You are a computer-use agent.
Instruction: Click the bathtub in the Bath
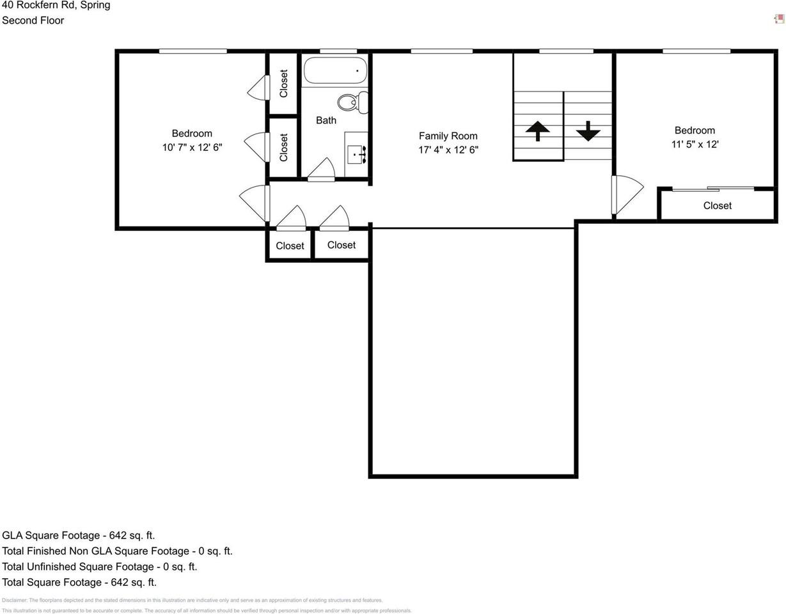(x=335, y=70)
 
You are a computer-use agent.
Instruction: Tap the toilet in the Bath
(x=352, y=102)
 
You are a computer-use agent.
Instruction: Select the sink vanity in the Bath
(x=356, y=154)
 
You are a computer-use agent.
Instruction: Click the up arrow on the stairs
(x=537, y=130)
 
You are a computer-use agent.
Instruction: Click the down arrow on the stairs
(x=588, y=130)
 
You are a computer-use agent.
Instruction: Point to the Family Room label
(x=448, y=136)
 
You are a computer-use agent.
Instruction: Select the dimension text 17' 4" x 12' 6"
(x=448, y=150)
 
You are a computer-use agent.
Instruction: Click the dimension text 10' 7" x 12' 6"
(x=192, y=148)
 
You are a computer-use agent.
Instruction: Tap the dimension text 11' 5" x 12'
(x=695, y=145)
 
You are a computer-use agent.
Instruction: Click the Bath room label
(x=326, y=120)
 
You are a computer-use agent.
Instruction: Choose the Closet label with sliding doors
(x=717, y=205)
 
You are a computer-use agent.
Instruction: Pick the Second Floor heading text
(x=33, y=20)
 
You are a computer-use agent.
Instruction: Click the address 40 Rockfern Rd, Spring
(x=56, y=5)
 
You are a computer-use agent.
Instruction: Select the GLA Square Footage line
(x=78, y=535)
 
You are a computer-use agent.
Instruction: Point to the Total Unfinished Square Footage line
(x=99, y=567)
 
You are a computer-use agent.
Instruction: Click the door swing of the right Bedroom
(x=627, y=194)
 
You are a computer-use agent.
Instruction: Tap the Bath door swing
(x=322, y=170)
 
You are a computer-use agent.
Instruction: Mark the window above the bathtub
(x=338, y=51)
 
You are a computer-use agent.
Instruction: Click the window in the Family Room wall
(x=441, y=51)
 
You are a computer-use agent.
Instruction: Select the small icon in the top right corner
(x=779, y=19)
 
